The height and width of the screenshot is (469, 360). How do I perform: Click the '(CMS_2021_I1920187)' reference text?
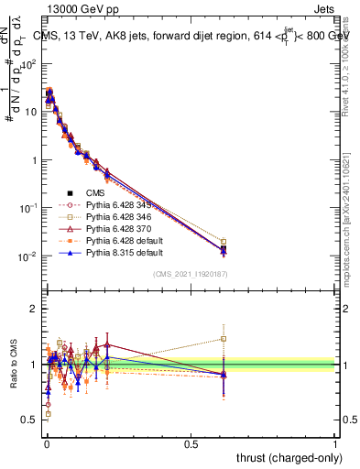click(x=191, y=275)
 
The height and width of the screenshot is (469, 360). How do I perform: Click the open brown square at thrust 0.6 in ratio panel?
click(x=224, y=338)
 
